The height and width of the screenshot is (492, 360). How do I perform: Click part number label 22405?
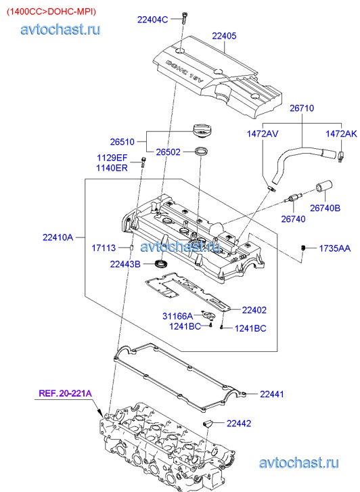224,36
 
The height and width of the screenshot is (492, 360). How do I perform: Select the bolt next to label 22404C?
184,18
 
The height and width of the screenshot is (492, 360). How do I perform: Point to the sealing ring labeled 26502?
200,151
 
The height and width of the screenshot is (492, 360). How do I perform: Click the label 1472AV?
263,134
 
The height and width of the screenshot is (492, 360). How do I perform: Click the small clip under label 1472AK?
341,156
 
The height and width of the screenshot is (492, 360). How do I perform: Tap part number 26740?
293,219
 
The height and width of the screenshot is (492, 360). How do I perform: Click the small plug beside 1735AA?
303,248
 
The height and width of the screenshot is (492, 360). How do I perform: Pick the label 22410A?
58,238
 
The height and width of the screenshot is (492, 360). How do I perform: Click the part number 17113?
104,248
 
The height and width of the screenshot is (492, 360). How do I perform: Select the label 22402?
254,310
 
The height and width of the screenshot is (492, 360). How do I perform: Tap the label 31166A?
178,316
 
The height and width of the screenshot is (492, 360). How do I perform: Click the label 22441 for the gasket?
272,394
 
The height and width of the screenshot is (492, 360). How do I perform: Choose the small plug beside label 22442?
208,423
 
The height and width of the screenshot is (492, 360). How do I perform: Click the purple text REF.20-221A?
65,393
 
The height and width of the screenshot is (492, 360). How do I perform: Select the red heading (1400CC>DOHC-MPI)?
51,12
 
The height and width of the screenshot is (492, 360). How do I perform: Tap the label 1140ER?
112,168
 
